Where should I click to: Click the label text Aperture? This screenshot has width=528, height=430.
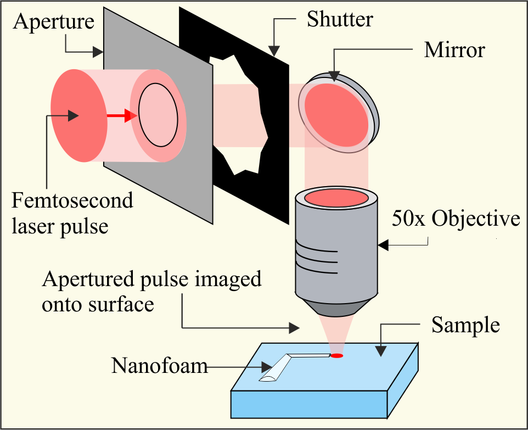coord(54,22)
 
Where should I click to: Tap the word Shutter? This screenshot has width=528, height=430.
coord(340,20)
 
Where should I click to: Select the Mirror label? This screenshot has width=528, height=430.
coord(454,51)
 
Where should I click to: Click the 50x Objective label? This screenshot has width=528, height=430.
coord(456,219)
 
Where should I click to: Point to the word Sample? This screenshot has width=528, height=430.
coord(465,325)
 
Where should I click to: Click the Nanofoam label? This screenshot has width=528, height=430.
coord(160,365)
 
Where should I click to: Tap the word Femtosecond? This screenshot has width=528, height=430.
coord(72,200)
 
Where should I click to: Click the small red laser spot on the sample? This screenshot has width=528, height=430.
coord(336,356)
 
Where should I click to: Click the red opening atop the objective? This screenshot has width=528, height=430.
coord(336,197)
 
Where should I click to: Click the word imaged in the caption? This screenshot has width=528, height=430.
coord(229,280)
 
